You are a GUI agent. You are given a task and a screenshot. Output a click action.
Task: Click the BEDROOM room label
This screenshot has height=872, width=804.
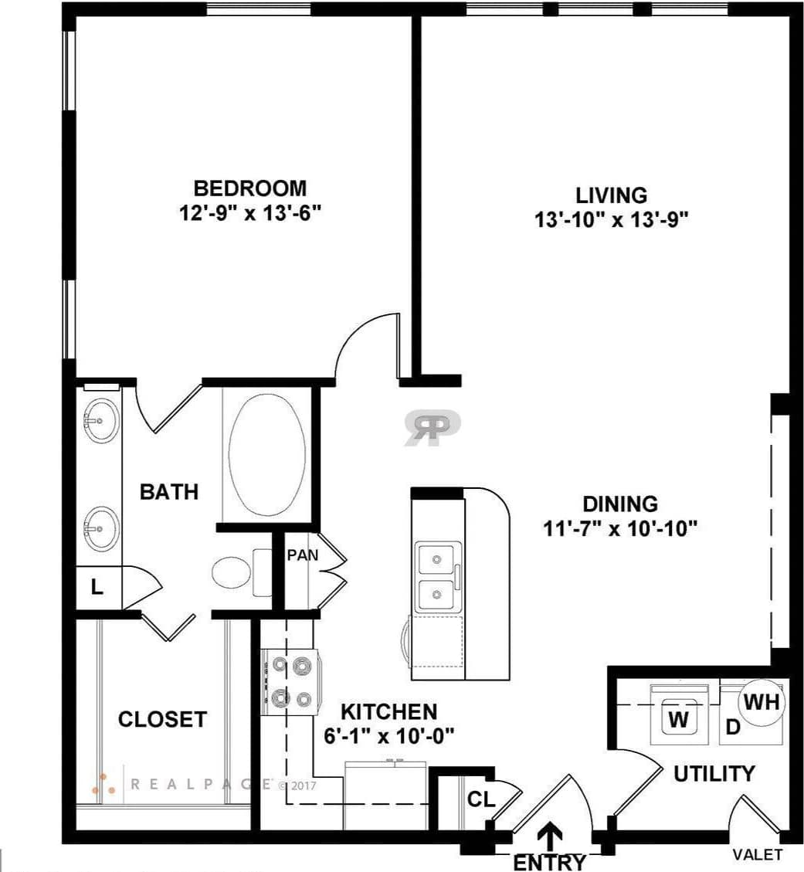pyautogui.click(x=249, y=188)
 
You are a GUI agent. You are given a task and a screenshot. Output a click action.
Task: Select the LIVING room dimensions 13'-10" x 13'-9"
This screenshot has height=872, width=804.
pyautogui.click(x=611, y=220)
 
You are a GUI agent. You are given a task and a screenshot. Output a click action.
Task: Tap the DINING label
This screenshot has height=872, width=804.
pyautogui.click(x=620, y=504)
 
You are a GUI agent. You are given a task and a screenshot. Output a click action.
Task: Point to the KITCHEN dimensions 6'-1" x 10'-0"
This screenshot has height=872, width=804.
pyautogui.click(x=388, y=735)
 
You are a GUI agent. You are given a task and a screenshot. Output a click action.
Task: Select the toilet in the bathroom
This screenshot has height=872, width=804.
pyautogui.click(x=232, y=572)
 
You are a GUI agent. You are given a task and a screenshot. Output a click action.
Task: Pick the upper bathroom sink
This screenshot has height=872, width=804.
pyautogui.click(x=100, y=421)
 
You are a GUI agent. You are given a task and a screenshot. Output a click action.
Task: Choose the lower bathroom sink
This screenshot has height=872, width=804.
pyautogui.click(x=100, y=528)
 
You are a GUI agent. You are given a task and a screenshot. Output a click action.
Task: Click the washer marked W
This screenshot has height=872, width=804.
pyautogui.click(x=678, y=720)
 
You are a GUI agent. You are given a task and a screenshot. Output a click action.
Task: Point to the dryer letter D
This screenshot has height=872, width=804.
pyautogui.click(x=734, y=727)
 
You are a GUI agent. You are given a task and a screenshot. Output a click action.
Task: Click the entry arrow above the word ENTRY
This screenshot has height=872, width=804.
pyautogui.click(x=550, y=836)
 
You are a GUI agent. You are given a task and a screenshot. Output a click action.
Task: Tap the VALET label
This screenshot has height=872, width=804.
pyautogui.click(x=757, y=854)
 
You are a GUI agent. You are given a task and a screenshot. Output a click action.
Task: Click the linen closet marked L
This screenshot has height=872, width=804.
pyautogui.click(x=97, y=588)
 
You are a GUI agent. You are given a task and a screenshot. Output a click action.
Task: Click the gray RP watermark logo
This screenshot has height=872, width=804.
pyautogui.click(x=433, y=427)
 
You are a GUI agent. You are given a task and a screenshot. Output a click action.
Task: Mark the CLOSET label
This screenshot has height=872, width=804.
pyautogui.click(x=162, y=719)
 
